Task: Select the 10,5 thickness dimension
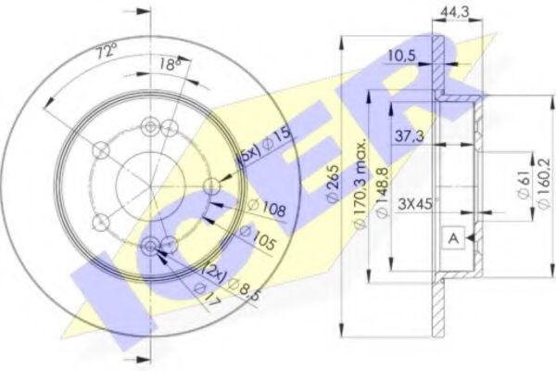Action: pyautogui.click(x=402, y=57)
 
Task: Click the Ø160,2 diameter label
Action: pyautogui.click(x=535, y=186)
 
